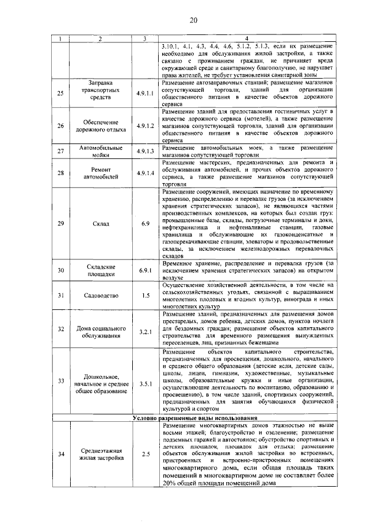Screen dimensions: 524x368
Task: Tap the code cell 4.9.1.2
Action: [x=145, y=126]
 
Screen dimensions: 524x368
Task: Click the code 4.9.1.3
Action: [x=145, y=151]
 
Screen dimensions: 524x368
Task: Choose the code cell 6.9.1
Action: [x=145, y=270]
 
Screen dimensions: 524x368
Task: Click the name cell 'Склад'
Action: [x=100, y=223]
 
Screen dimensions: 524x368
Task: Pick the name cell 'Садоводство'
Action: [x=100, y=296]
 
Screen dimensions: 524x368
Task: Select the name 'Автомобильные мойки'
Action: [x=100, y=151]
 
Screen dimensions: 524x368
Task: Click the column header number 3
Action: [x=145, y=38]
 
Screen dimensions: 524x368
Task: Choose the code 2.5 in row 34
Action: [x=145, y=455]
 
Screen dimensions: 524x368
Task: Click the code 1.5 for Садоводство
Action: [x=145, y=296]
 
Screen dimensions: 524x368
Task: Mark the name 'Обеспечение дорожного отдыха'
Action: [x=100, y=126]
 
